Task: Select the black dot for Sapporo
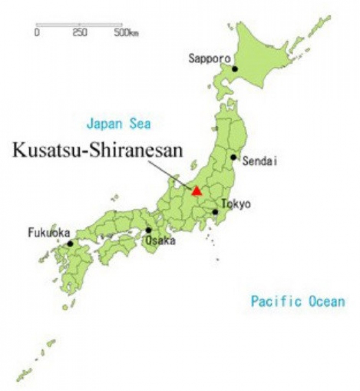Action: (235, 69)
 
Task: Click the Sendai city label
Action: (259, 162)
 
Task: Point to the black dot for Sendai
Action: (233, 157)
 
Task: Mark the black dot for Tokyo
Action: (215, 212)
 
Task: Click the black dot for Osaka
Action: (149, 230)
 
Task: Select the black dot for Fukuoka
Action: (70, 244)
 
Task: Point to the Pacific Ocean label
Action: (298, 302)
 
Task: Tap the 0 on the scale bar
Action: (37, 33)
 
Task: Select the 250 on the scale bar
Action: (80, 33)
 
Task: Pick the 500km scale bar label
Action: (126, 33)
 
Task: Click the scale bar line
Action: (79, 25)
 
